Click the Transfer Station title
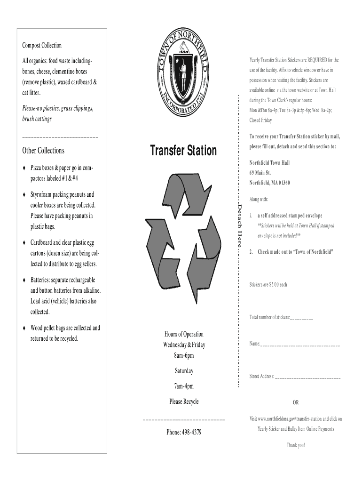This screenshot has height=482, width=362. [183, 151]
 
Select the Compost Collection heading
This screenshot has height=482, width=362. [42, 46]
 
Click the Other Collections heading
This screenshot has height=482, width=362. [43, 151]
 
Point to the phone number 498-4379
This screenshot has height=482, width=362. [184, 432]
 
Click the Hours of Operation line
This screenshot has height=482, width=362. [184, 334]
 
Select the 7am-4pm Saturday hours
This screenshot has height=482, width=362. [184, 386]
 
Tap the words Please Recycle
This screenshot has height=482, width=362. [184, 402]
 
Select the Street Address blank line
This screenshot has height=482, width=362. [308, 377]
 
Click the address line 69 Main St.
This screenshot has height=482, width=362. [260, 173]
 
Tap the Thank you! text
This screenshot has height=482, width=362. [296, 445]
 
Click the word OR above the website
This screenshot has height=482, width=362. [295, 402]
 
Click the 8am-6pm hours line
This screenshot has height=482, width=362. [184, 355]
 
